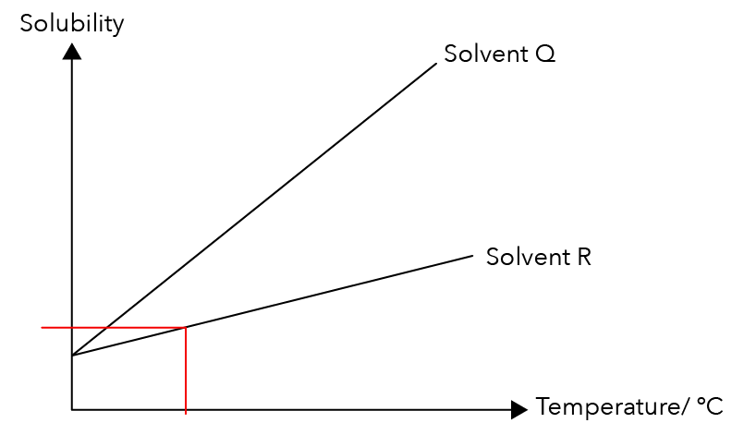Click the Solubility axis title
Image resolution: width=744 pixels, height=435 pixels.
coord(72,24)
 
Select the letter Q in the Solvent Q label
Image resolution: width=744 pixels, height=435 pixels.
coord(545,54)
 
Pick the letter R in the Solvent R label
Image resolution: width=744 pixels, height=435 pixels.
coord(584,257)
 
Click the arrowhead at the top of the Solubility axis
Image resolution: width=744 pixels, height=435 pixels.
coord(72,51)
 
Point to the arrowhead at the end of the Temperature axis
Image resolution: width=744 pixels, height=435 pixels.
coord(519,409)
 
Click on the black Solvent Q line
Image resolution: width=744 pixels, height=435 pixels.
coord(254,210)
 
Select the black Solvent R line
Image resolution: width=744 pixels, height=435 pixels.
coord(273,306)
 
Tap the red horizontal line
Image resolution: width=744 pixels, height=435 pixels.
coord(114,327)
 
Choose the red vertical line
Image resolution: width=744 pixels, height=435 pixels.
coord(186,370)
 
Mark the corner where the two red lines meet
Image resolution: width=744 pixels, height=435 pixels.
coord(186,327)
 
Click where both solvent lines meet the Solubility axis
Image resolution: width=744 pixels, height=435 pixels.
coord(72,355)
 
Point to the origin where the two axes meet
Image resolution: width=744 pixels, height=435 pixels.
coord(72,409)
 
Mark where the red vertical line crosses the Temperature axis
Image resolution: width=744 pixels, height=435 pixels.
coord(186,409)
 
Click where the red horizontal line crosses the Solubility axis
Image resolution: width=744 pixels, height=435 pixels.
coord(72,327)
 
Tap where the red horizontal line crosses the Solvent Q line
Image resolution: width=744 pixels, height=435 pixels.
coord(107,327)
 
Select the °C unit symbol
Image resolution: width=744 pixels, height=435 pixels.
coord(710,406)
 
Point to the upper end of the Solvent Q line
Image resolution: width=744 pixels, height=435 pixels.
coord(436,64)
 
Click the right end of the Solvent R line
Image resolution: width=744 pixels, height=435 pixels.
coord(473,256)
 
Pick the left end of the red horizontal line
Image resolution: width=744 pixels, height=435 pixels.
coord(42,327)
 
